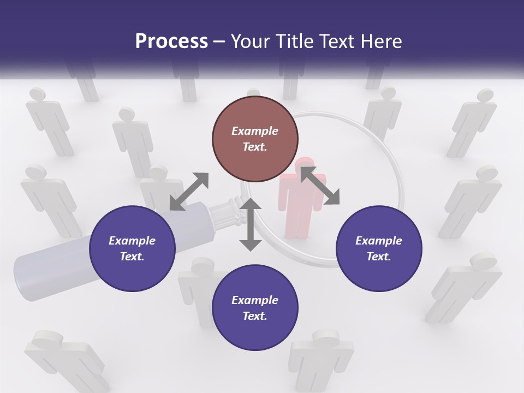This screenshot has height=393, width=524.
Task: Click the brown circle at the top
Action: pyautogui.click(x=255, y=139)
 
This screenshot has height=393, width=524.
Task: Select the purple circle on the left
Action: pyautogui.click(x=132, y=248)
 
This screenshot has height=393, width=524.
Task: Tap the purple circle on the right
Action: pyautogui.click(x=379, y=248)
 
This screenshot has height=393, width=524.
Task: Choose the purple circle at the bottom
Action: pyautogui.click(x=255, y=308)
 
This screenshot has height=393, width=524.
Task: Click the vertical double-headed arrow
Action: pyautogui.click(x=251, y=224)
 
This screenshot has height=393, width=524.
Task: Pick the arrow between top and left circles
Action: pyautogui.click(x=189, y=191)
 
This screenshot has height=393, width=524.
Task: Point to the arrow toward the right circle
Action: pyautogui.click(x=320, y=186)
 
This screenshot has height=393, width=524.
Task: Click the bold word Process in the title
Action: pyautogui.click(x=171, y=41)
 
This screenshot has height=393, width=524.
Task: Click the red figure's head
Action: pyautogui.click(x=304, y=164)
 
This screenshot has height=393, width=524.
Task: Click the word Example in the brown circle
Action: pyautogui.click(x=255, y=131)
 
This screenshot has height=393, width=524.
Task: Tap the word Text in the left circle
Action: pyautogui.click(x=132, y=257)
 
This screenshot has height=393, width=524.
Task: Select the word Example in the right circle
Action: pyautogui.click(x=379, y=241)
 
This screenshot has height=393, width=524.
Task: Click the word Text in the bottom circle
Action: pyautogui.click(x=254, y=316)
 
